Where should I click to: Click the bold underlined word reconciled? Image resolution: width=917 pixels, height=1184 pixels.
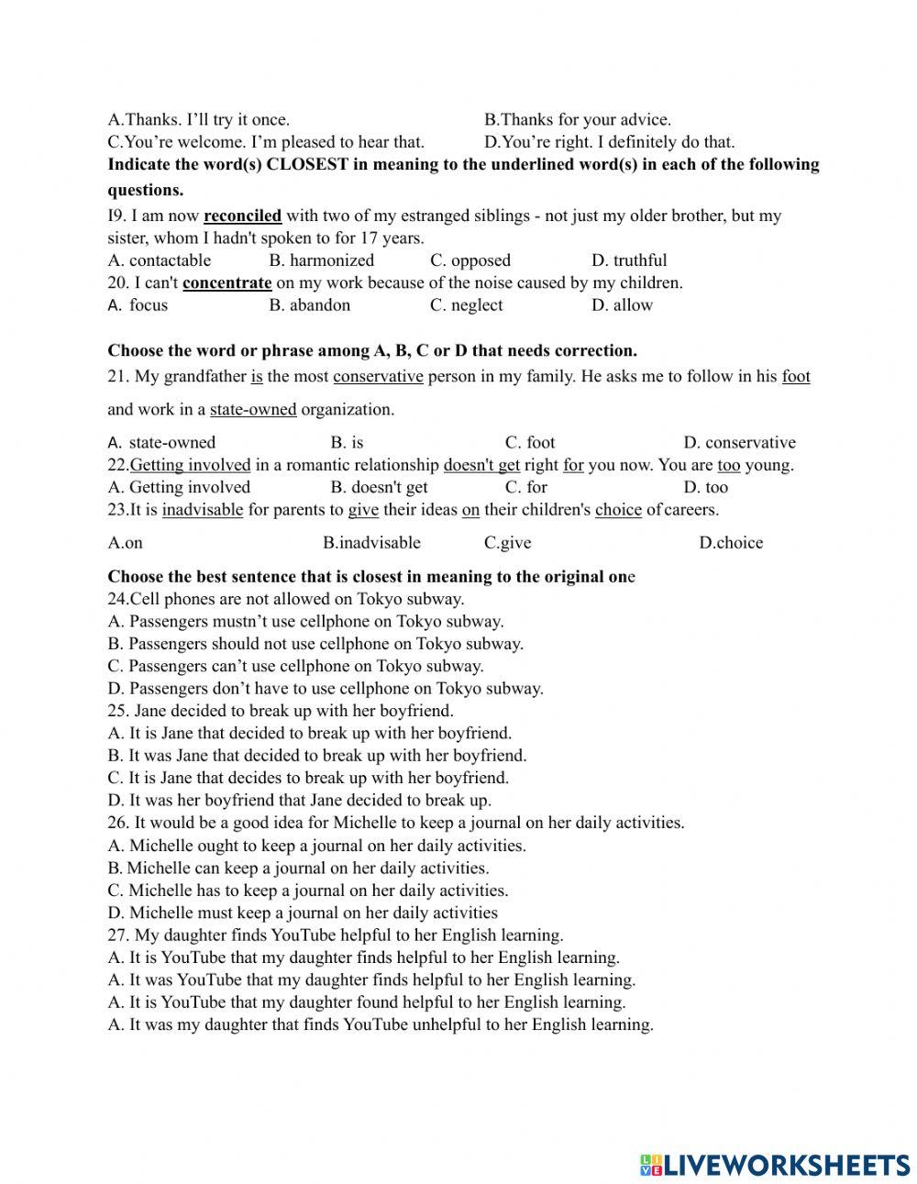(242, 216)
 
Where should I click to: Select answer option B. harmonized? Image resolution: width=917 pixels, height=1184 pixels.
(321, 260)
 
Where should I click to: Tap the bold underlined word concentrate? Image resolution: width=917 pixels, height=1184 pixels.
(226, 283)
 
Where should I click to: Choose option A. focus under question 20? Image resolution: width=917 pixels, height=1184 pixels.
(138, 305)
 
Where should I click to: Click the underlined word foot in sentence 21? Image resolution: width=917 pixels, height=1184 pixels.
(796, 377)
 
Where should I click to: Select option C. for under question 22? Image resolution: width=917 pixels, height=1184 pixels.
(525, 487)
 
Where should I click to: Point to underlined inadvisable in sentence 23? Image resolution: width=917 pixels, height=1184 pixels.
(203, 510)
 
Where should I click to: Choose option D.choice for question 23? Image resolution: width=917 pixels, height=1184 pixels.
(730, 543)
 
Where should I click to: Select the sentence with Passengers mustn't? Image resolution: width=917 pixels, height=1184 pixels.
(305, 622)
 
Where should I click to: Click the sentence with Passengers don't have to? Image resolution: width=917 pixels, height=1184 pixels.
(326, 689)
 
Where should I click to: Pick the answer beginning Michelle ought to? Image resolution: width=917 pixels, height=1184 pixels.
(316, 847)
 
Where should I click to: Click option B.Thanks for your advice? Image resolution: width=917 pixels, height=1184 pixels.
(577, 120)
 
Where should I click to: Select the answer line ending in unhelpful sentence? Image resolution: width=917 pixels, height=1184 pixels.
(381, 1025)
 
